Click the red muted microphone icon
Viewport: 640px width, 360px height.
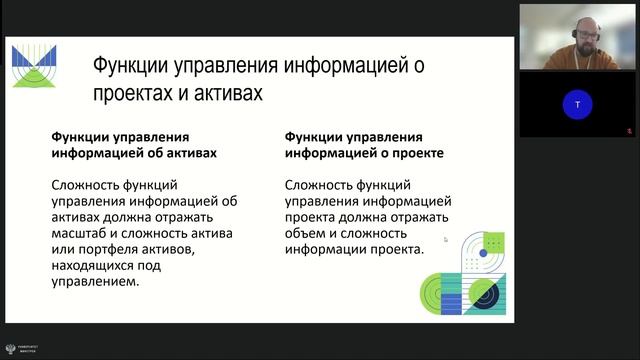coord(630,129)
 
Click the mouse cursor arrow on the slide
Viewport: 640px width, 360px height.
coord(446,239)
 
